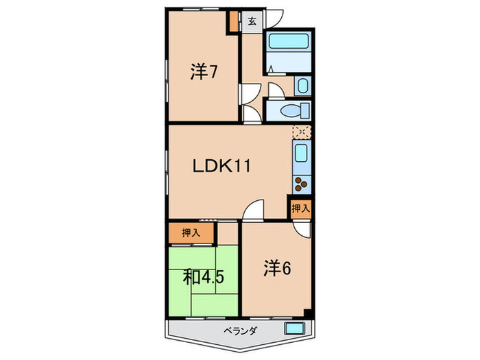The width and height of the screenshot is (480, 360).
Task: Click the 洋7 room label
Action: pyautogui.click(x=204, y=72)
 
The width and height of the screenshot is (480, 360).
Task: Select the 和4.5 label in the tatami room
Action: pyautogui.click(x=204, y=277)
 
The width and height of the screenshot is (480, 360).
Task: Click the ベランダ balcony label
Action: pyautogui.click(x=240, y=331)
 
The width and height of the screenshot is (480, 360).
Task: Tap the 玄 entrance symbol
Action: pyautogui.click(x=252, y=21)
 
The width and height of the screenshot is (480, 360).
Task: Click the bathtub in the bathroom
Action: pyautogui.click(x=288, y=42)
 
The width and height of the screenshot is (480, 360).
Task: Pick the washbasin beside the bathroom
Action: pyautogui.click(x=302, y=86)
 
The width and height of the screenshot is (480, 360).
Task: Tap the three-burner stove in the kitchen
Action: pyautogui.click(x=302, y=182)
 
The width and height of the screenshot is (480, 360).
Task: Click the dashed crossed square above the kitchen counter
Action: pyautogui.click(x=302, y=132)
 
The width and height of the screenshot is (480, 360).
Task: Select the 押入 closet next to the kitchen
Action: pyautogui.click(x=300, y=208)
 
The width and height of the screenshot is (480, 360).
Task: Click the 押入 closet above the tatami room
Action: pyautogui.click(x=191, y=233)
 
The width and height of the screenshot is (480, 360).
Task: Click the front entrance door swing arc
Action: pyautogui.click(x=275, y=20)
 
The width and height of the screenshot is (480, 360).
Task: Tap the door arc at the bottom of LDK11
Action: pyautogui.click(x=254, y=208)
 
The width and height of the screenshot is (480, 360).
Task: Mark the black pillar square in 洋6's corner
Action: pyautogui.click(x=308, y=315)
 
